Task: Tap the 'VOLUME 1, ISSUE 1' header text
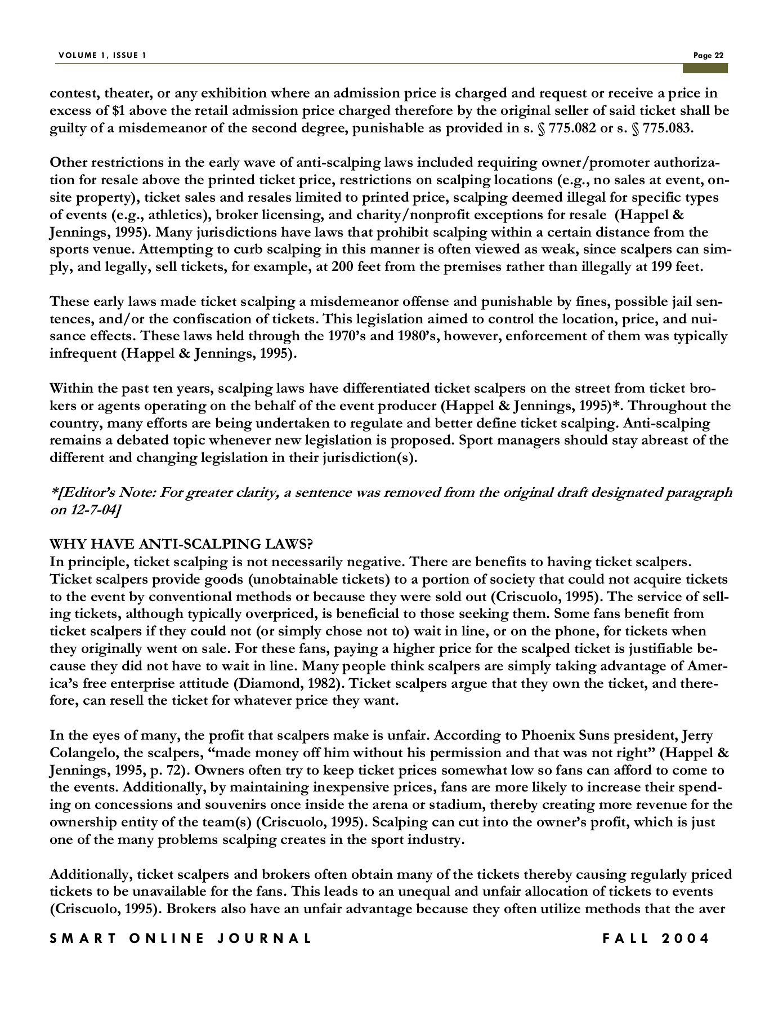point(102,55)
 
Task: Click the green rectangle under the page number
point(705,68)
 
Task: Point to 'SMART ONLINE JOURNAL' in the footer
point(180,939)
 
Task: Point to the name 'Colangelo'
point(81,753)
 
